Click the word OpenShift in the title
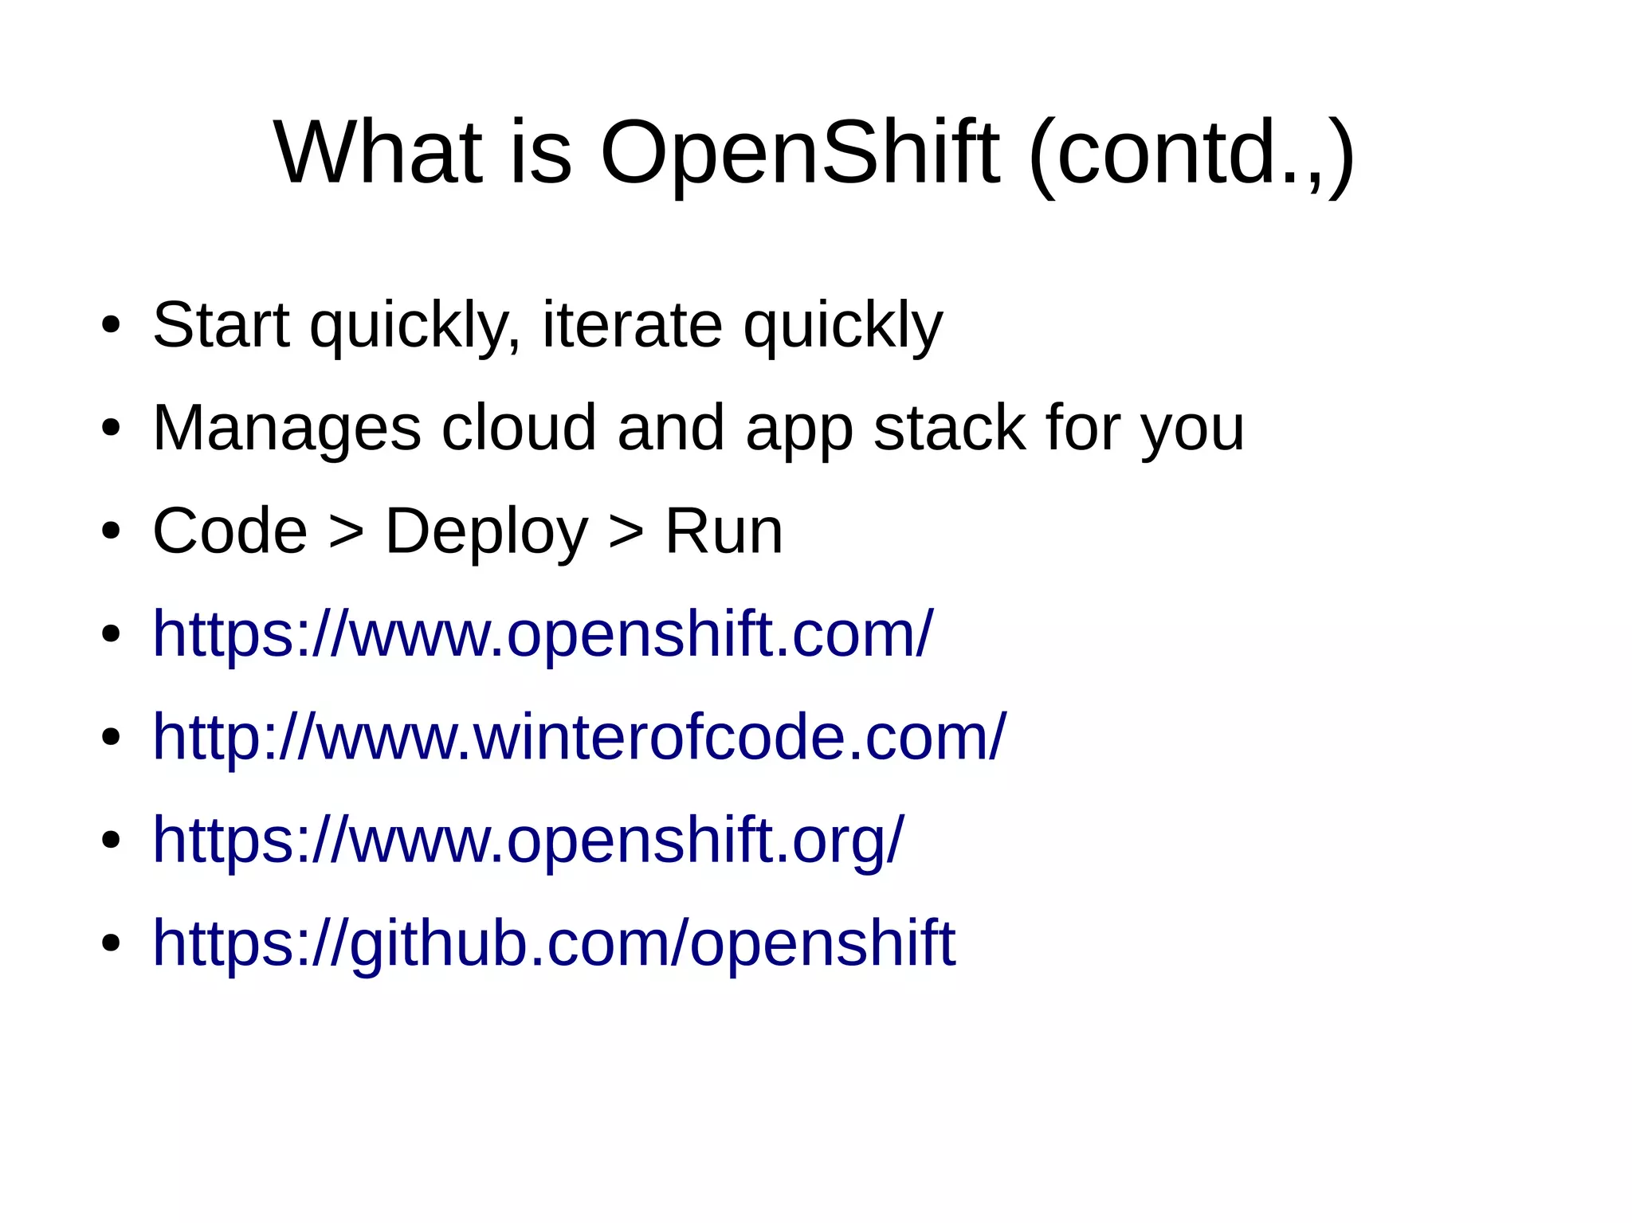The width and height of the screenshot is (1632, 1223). pyautogui.click(x=799, y=152)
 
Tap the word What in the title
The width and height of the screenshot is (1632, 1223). pyautogui.click(x=379, y=152)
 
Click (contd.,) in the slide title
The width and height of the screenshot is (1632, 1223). pyautogui.click(x=1191, y=152)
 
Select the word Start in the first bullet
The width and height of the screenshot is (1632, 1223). pyautogui.click(x=221, y=325)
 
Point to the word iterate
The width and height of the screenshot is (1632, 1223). pyautogui.click(x=632, y=325)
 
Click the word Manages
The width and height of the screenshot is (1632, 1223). pyautogui.click(x=286, y=428)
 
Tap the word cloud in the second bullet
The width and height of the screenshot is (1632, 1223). pyautogui.click(x=519, y=428)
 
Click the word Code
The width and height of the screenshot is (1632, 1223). pyautogui.click(x=229, y=531)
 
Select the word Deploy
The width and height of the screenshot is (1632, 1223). pyautogui.click(x=486, y=531)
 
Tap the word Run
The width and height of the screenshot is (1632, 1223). pyautogui.click(x=724, y=531)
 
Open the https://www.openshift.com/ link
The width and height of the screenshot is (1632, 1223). pyautogui.click(x=542, y=634)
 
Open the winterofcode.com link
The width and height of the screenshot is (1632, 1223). pyautogui.click(x=579, y=737)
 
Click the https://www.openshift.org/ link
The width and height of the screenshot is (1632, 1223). pyautogui.click(x=528, y=840)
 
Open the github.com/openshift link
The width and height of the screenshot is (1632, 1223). pyautogui.click(x=554, y=943)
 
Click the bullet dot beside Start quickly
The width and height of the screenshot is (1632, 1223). pyautogui.click(x=111, y=326)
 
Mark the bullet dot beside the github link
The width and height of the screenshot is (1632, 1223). pyautogui.click(x=111, y=944)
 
